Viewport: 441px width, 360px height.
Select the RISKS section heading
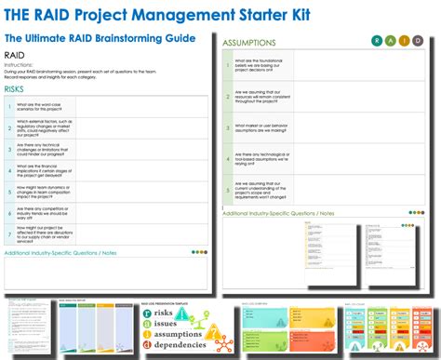pyautogui.click(x=15, y=88)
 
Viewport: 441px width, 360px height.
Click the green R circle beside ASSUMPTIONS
pyautogui.click(x=378, y=41)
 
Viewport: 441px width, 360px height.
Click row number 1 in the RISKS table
pyautogui.click(x=8, y=104)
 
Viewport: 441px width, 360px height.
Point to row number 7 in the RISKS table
pyautogui.click(x=8, y=234)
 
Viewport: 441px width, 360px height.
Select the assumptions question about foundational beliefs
pyautogui.click(x=254, y=66)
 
